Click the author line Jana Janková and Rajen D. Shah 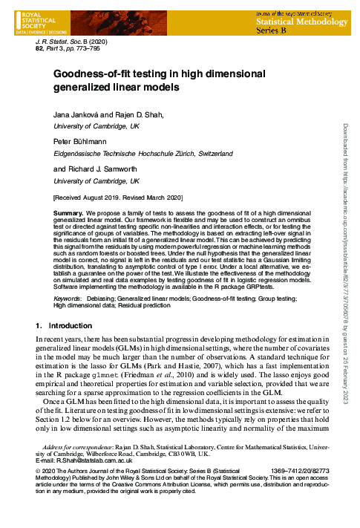click(104, 115)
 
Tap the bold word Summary click(68, 213)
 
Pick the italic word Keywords click(67, 298)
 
